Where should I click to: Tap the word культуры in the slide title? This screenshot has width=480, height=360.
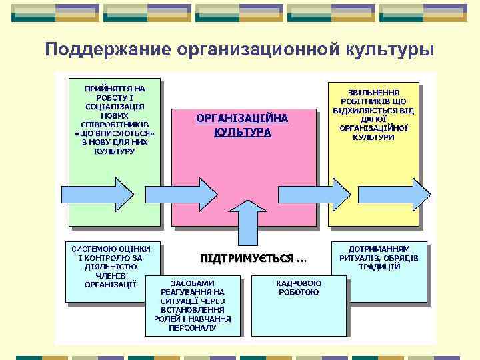pos(390,50)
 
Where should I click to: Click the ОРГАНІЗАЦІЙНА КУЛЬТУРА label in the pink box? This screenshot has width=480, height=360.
pos(243,125)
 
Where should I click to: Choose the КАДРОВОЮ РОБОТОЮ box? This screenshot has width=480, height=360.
pos(299,287)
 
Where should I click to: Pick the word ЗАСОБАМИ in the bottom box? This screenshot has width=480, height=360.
pos(193,283)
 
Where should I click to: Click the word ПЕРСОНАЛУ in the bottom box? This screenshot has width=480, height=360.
pos(193,328)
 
